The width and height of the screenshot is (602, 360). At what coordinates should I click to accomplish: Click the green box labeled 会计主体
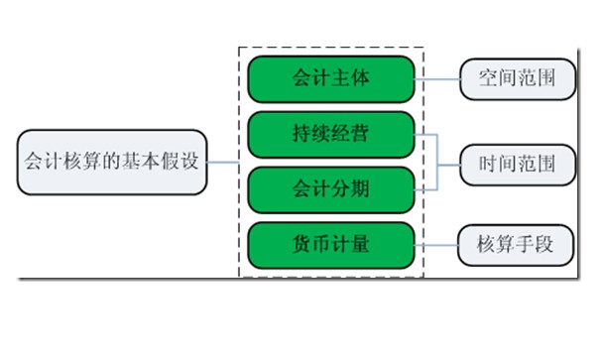point(331,79)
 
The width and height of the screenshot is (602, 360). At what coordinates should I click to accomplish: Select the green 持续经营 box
point(331,135)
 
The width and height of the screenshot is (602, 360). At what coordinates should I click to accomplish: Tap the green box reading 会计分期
point(331,188)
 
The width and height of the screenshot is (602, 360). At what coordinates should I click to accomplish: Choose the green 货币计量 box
point(331,244)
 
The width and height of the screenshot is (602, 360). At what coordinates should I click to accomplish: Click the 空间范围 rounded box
point(517,79)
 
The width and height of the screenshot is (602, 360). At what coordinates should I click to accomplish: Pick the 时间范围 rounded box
point(517,162)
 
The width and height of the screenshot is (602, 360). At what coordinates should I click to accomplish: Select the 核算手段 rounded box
point(517,244)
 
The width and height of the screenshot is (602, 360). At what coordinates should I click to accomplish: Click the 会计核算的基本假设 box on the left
point(111,162)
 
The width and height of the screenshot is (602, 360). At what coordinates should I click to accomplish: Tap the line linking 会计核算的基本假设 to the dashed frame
point(223,162)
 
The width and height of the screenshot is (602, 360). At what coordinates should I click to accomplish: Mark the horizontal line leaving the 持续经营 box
point(424,135)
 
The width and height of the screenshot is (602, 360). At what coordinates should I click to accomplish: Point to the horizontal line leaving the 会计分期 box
point(424,188)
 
